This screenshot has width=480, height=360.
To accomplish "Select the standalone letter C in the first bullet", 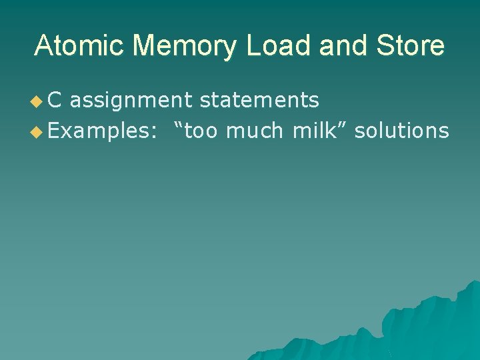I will tap(55, 101).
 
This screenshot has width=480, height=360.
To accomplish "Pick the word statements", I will tap(259, 101).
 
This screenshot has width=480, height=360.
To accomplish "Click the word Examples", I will tap(99, 131).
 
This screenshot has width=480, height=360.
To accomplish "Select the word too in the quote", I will tap(202, 131).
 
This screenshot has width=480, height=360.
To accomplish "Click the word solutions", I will tap(401, 131).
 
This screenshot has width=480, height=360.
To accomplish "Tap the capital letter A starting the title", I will tap(45, 46).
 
